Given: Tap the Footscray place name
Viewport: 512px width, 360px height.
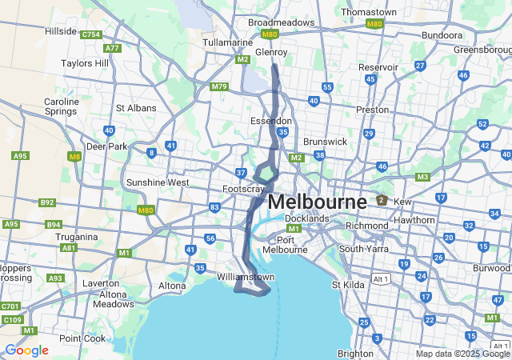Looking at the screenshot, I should point(243,189).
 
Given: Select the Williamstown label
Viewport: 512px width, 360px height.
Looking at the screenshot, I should point(246,277).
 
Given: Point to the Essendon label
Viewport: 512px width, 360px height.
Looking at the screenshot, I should point(272,121).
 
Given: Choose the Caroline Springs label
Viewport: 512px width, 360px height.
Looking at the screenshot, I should point(61,107).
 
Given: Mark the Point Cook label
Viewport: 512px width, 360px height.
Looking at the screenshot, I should point(82,338).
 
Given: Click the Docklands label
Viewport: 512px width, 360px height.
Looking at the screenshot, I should point(307,218).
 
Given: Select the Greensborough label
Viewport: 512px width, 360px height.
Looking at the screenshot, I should point(482,50).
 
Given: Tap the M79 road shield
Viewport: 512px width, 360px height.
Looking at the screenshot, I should point(219,86).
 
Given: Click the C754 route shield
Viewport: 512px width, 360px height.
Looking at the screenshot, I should point(90,34).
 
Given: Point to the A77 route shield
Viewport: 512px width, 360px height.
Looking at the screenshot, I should point(112,48).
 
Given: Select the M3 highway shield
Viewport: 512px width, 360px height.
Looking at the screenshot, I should point(423,177).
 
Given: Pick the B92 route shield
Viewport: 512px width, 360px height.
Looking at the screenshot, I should point(46,203).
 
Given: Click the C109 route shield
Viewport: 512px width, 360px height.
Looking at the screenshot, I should point(11,319).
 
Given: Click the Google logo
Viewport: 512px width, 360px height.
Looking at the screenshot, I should point(26,350).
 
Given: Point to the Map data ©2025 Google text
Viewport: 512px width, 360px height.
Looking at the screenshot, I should point(462,354).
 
